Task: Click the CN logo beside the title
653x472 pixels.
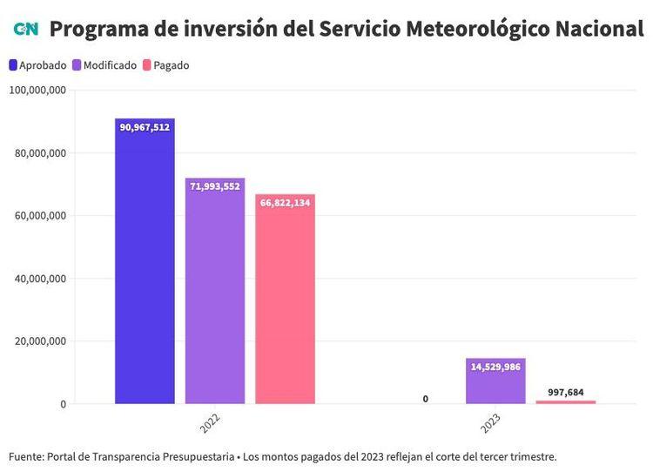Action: (25, 29)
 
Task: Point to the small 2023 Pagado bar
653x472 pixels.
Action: (565, 402)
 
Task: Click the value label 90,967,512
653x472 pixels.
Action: (145, 127)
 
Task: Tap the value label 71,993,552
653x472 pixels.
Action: (214, 186)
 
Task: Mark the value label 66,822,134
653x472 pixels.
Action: (285, 203)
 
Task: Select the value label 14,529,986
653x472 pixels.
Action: (495, 367)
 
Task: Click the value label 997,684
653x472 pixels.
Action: (565, 393)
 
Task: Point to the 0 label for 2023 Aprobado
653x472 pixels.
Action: (426, 399)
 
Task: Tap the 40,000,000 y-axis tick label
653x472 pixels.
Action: (40, 279)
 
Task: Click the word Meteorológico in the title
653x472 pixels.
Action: (459, 29)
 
